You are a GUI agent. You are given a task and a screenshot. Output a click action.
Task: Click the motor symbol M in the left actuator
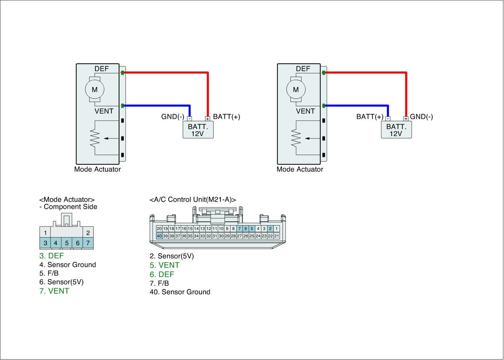(94, 89)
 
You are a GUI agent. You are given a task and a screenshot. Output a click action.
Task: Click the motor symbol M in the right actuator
(295, 89)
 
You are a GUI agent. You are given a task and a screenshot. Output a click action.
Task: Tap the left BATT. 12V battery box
(198, 130)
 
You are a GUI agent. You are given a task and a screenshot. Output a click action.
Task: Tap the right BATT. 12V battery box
(396, 130)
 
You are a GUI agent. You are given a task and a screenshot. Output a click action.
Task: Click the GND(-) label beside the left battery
(173, 117)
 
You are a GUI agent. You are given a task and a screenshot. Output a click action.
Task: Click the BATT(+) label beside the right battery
(369, 117)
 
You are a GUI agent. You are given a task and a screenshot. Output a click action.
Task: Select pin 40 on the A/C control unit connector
(159, 236)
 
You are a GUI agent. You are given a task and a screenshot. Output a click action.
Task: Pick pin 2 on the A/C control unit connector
(270, 229)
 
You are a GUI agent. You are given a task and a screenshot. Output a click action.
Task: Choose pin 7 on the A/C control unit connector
(239, 229)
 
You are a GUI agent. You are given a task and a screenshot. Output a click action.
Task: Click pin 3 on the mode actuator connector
(45, 243)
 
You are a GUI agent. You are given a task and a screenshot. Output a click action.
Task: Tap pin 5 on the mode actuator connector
(67, 243)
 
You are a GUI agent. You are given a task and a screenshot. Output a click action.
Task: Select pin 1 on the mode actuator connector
(45, 233)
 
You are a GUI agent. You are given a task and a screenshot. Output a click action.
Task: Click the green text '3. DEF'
(51, 256)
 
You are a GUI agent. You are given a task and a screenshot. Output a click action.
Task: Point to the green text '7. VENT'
(54, 291)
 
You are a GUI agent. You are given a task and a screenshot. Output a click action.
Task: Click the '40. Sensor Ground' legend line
(180, 292)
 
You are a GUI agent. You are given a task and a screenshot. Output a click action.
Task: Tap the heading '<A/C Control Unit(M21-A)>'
(193, 200)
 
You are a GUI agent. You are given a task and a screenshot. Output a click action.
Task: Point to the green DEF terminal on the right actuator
(324, 73)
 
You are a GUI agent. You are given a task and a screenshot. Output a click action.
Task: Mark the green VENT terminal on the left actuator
(122, 106)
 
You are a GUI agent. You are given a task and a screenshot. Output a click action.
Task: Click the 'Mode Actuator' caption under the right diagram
(300, 169)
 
